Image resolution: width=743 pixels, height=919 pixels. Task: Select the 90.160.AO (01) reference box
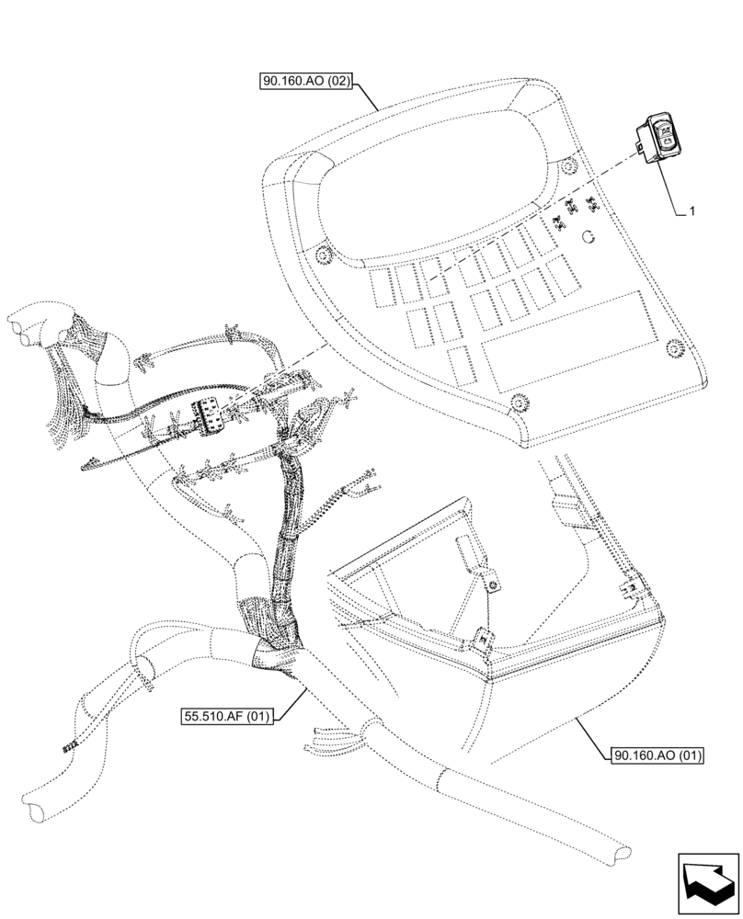pyautogui.click(x=655, y=756)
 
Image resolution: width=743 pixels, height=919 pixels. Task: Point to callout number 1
pyautogui.click(x=692, y=210)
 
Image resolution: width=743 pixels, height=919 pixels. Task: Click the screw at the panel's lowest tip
pyautogui.click(x=520, y=401)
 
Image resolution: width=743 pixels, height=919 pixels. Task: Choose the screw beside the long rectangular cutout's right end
pyautogui.click(x=674, y=346)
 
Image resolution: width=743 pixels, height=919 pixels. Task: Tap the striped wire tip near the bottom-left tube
pyautogui.click(x=66, y=749)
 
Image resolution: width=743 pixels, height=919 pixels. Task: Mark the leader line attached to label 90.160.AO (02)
pyautogui.click(x=368, y=95)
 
